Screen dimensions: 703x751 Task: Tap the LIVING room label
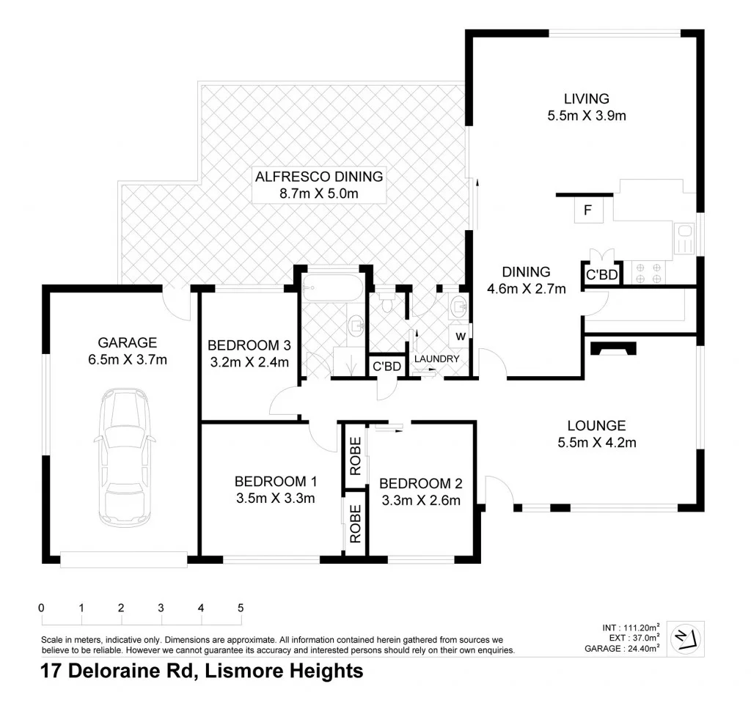(586, 98)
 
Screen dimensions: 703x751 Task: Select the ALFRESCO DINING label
(318, 177)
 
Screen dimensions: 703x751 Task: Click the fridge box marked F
(587, 210)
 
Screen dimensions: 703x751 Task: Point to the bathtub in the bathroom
(332, 289)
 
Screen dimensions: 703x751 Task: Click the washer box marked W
(459, 336)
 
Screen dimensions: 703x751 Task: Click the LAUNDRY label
(437, 358)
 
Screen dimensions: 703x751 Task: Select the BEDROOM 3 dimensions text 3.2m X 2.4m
(248, 361)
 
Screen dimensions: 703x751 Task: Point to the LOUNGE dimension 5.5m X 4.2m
(596, 442)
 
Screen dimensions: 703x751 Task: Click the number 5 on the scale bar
(240, 608)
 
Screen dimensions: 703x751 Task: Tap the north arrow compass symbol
(686, 638)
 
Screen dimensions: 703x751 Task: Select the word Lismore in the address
(246, 670)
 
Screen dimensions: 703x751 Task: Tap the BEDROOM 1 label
(275, 482)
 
